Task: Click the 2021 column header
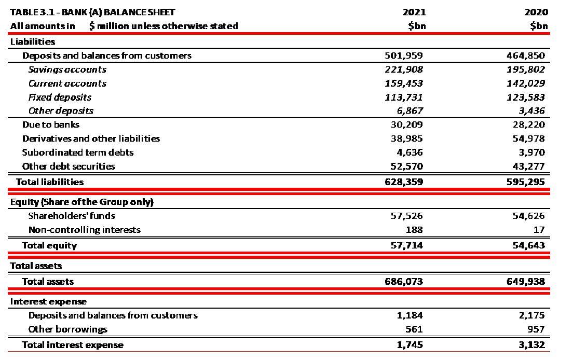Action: [416, 12]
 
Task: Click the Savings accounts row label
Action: [67, 70]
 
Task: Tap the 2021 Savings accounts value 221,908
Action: [404, 70]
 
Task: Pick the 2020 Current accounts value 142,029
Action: [525, 84]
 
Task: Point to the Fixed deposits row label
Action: [60, 97]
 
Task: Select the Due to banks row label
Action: [50, 124]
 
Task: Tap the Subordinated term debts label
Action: [77, 153]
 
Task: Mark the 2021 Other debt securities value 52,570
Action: [406, 167]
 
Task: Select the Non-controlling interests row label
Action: [84, 230]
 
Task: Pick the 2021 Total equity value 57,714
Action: [406, 245]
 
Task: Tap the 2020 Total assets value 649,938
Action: [525, 282]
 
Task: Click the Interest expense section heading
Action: [48, 301]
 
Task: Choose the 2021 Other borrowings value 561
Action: [414, 329]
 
